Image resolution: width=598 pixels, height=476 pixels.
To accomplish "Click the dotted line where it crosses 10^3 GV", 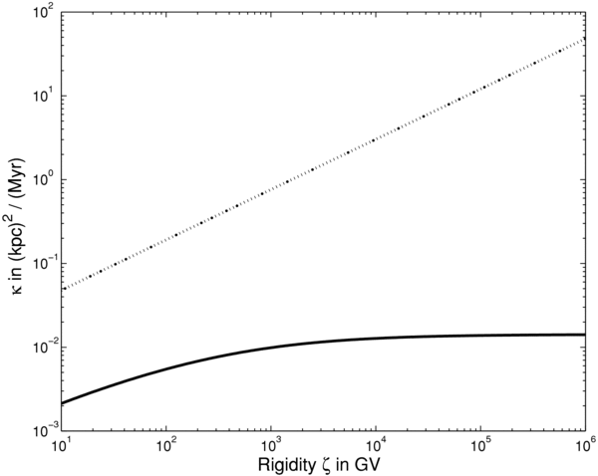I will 271,182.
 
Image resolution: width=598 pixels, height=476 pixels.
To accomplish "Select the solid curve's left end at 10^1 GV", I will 63,402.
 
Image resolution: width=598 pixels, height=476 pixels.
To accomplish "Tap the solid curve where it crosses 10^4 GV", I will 377,338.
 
